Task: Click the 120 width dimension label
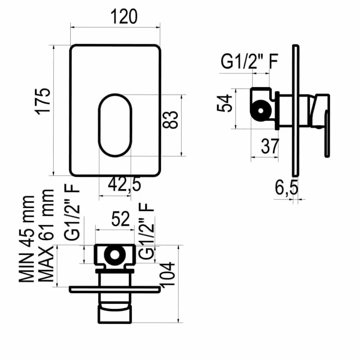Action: click(x=124, y=17)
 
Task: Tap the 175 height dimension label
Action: click(x=43, y=101)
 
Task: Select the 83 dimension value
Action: click(x=170, y=120)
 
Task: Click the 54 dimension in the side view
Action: click(x=225, y=103)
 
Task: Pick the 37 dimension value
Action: click(x=270, y=146)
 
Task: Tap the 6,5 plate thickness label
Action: click(x=287, y=188)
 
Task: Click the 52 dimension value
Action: click(x=121, y=219)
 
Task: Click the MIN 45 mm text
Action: click(x=26, y=239)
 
